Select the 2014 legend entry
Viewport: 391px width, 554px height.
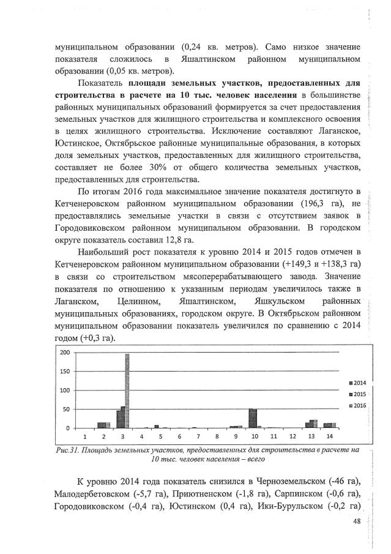click(350, 382)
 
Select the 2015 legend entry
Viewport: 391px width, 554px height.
click(350, 394)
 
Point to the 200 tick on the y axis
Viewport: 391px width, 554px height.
click(63, 353)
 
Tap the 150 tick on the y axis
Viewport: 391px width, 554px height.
click(63, 372)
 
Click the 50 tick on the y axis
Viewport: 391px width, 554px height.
click(64, 409)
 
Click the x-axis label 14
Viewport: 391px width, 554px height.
click(330, 437)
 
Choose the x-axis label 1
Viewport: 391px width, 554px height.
click(85, 437)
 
